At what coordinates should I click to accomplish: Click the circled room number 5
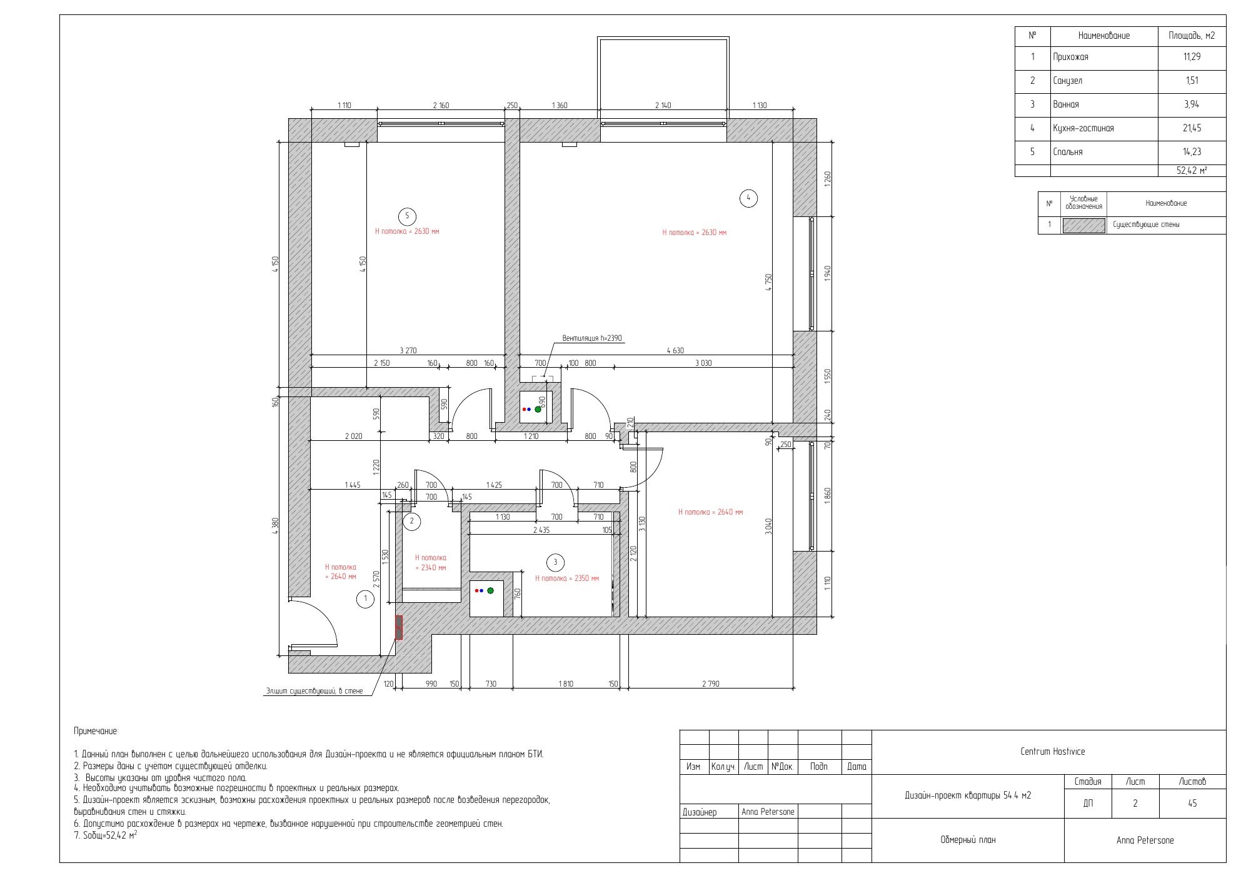click(407, 216)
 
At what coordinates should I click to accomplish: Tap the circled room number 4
click(748, 198)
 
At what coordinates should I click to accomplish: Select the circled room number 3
click(555, 562)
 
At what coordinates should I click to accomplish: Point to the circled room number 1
click(365, 600)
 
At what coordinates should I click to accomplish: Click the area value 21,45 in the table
click(1192, 128)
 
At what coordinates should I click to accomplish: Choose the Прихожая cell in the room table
click(1070, 57)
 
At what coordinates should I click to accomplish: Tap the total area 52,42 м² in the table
click(1192, 170)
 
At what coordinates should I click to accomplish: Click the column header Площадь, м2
click(1192, 36)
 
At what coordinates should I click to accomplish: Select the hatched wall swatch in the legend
click(1083, 225)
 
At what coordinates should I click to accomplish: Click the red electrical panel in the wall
click(399, 627)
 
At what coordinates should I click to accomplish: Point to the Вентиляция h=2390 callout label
click(592, 338)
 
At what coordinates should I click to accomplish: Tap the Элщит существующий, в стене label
click(314, 691)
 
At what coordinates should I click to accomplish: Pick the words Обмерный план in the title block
click(968, 840)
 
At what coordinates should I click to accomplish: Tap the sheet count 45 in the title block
click(1192, 804)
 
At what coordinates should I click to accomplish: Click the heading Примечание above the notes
click(96, 731)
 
